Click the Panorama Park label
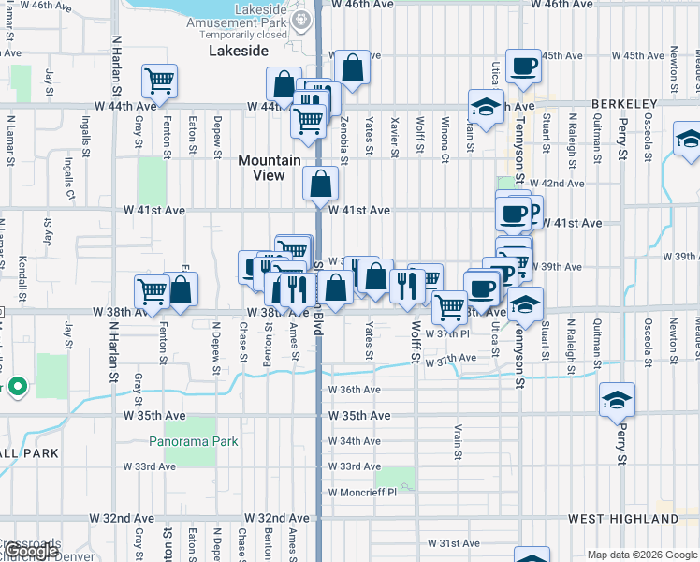194,441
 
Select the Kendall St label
20,254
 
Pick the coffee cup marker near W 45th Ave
523,66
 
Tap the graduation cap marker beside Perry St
617,399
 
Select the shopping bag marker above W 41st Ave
320,184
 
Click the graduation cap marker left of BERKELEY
486,106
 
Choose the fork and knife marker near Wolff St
405,286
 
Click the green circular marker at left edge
17,386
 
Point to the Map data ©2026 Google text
641,555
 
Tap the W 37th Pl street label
445,333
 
